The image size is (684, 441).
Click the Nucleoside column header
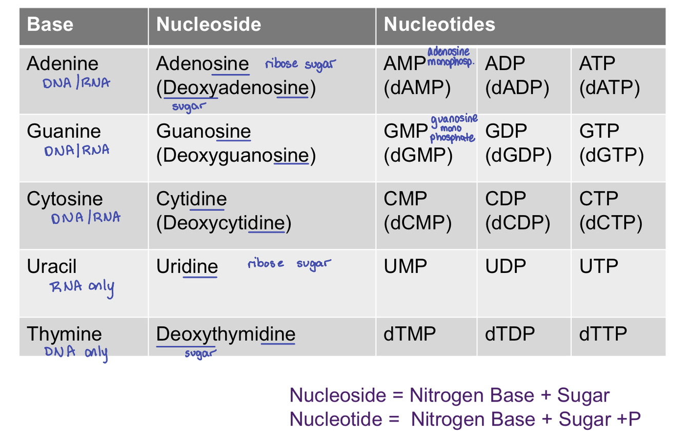click(209, 25)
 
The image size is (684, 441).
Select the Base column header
click(50, 25)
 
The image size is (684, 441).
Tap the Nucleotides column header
click(439, 25)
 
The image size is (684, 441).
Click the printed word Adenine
click(62, 64)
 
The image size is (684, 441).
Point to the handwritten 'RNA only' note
click(82, 287)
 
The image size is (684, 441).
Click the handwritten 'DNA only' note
click(76, 352)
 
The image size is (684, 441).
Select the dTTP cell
click(603, 334)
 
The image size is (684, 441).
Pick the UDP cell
click(506, 266)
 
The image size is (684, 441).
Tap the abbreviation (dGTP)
click(611, 156)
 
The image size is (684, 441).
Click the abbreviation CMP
click(405, 199)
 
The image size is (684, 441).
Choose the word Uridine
click(187, 267)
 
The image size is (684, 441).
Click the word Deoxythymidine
click(226, 334)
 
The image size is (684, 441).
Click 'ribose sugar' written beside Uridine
click(289, 264)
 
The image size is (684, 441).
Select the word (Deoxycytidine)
click(224, 223)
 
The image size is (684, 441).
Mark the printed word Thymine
click(64, 334)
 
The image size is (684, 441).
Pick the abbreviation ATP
click(597, 64)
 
